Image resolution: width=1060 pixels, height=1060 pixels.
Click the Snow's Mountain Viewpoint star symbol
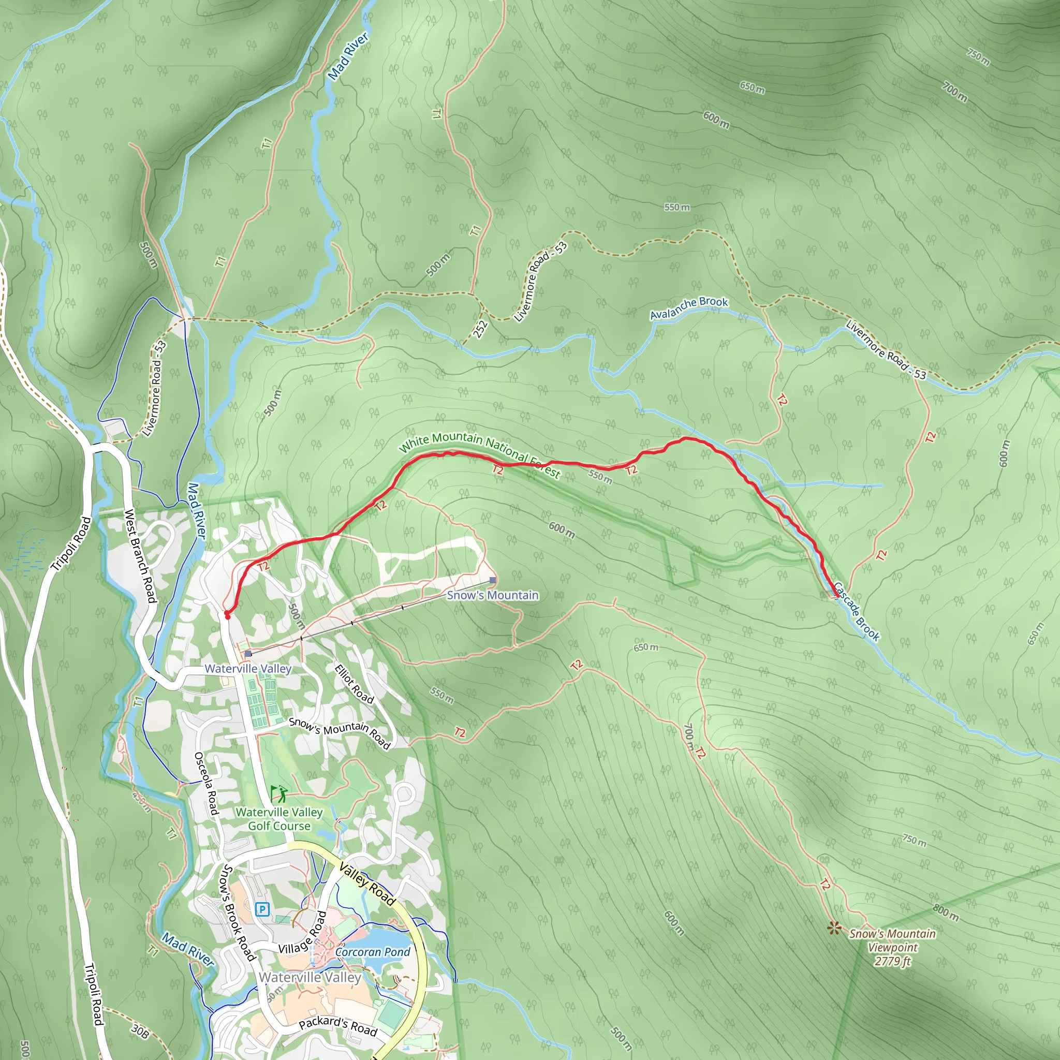tap(834, 928)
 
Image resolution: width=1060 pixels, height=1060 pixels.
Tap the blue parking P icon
tap(263, 910)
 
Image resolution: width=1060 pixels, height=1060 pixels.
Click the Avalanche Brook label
tap(688, 308)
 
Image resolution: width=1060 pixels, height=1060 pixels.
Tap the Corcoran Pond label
tap(373, 952)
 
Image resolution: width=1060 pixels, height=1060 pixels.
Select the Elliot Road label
tap(354, 683)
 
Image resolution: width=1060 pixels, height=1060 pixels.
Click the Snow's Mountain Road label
tap(339, 733)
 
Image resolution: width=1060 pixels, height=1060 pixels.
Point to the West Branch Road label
tap(140, 555)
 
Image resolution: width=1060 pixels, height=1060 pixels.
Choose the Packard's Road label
tap(338, 1025)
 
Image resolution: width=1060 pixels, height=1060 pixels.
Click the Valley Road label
tap(367, 884)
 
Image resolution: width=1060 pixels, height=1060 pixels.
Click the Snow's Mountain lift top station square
tap(493, 580)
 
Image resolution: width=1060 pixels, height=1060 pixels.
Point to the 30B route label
tap(140, 1032)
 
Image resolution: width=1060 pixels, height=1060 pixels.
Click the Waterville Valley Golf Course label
tap(279, 819)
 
